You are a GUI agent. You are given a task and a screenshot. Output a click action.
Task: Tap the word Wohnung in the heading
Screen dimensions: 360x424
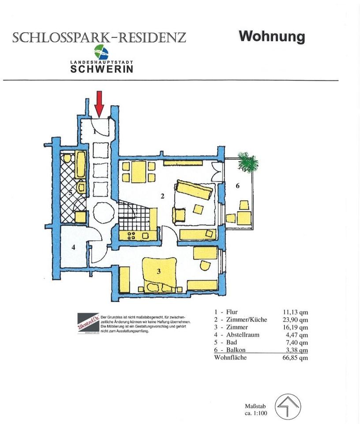(272, 36)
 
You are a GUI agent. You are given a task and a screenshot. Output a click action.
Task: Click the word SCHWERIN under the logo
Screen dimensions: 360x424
(102, 69)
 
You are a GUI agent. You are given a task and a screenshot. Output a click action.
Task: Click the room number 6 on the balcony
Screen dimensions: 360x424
(237, 186)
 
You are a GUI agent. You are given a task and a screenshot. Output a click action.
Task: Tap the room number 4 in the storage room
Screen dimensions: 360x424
(74, 247)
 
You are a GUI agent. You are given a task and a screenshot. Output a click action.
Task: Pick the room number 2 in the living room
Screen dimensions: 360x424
(162, 196)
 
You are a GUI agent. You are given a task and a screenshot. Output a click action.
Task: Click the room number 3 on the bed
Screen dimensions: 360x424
(158, 271)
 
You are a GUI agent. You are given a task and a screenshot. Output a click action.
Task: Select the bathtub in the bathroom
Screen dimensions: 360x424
(81, 164)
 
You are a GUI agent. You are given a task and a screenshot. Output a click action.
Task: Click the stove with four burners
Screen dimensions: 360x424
(132, 235)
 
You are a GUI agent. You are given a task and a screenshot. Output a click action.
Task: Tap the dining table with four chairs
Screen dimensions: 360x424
(139, 171)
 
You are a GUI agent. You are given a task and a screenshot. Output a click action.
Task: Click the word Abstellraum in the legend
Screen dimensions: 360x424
(243, 335)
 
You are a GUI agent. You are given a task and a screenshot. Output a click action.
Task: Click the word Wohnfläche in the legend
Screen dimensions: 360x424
(230, 358)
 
